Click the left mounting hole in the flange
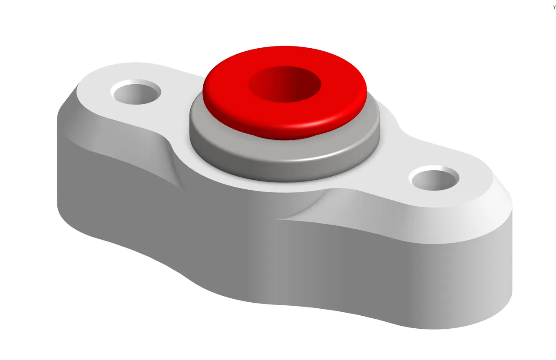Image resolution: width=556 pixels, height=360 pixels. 136,92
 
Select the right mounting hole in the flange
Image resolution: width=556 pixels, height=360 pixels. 434,179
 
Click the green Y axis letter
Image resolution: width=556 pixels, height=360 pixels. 554,7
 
